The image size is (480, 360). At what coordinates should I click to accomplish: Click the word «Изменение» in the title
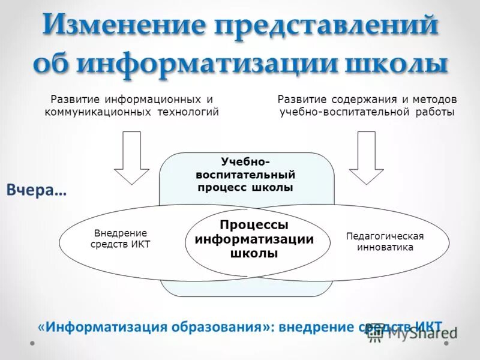(123, 26)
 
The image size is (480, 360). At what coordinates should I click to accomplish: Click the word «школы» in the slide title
(396, 64)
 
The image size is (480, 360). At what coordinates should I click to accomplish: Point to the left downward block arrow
(131, 157)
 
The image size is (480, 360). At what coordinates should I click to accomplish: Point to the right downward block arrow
(366, 157)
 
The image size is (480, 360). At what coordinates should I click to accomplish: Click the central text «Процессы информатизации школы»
(254, 239)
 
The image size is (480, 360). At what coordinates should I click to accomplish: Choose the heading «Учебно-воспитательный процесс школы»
(246, 174)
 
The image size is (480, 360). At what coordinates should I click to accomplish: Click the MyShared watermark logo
(410, 333)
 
